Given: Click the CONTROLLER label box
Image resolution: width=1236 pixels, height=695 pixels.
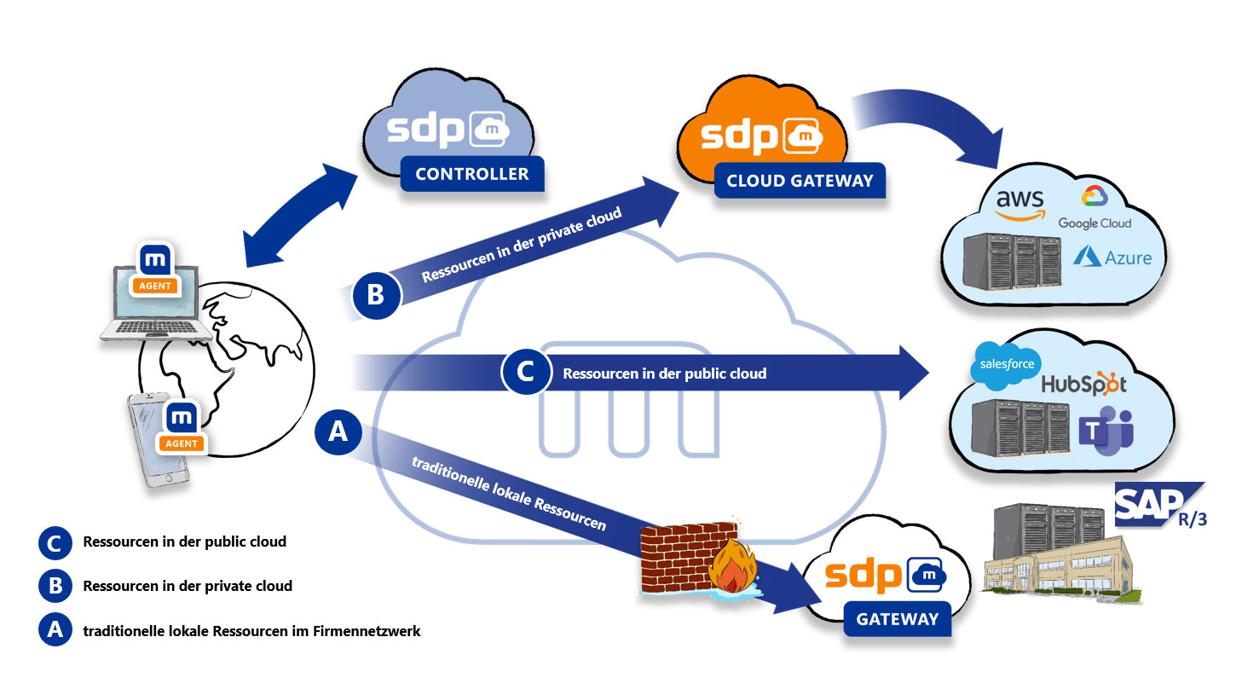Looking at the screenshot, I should (471, 174).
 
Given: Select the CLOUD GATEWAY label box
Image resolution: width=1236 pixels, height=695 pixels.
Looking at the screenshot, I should (799, 181).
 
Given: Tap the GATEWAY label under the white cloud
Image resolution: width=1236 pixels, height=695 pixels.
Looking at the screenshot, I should (898, 618).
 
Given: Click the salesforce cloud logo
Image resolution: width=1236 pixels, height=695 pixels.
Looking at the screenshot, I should (1007, 364).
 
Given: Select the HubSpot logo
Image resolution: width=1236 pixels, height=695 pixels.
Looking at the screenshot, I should (1083, 383).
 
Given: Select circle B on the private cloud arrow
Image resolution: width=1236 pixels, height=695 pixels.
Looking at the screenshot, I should (376, 295).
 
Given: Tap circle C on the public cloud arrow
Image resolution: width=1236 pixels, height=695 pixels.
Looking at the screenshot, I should (526, 372).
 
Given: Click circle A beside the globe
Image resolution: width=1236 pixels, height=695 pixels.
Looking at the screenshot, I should (338, 432).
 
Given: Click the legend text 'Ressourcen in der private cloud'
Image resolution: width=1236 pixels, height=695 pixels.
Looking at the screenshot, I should (188, 586).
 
